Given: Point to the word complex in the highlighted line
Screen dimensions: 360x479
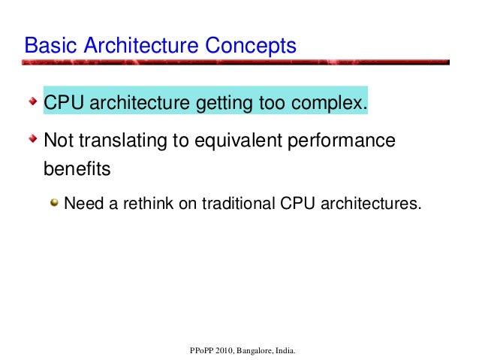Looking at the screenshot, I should point(333,101).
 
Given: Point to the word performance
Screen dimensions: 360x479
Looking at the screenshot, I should point(345,141).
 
